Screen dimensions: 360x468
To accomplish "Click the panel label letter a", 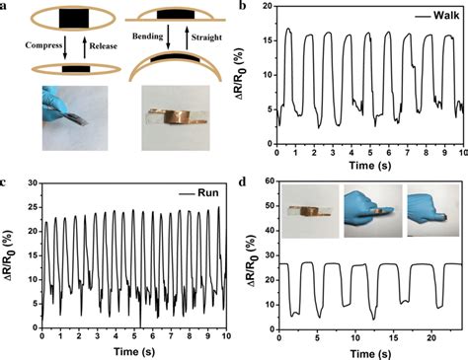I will tap(8, 7).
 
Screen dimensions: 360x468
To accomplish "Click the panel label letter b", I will tap(242, 7).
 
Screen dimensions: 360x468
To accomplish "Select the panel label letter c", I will tap(8, 183).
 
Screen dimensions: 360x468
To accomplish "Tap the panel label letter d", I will tap(242, 183).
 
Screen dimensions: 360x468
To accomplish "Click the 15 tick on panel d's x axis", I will tap(394, 337).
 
